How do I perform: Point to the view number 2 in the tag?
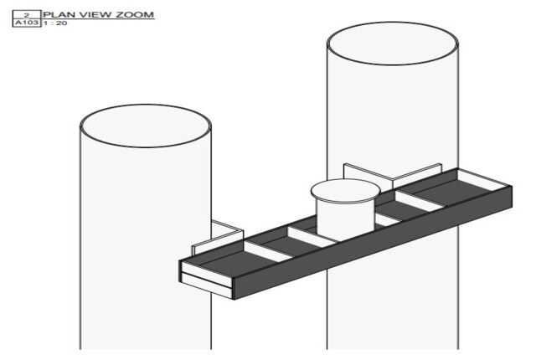pyautogui.click(x=27, y=15)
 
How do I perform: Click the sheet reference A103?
pyautogui.click(x=27, y=23)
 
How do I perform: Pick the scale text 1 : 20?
pyautogui.click(x=55, y=23)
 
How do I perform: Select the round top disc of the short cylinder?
pyautogui.click(x=345, y=191)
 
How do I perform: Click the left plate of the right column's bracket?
pyautogui.click(x=368, y=174)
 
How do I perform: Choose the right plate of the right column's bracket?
pyautogui.click(x=417, y=175)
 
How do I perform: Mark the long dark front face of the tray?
pyautogui.click(x=373, y=243)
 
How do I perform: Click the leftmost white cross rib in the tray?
pyautogui.click(x=269, y=251)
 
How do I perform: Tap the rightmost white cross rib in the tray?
pyautogui.click(x=420, y=200)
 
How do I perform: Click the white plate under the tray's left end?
pyautogui.click(x=207, y=285)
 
